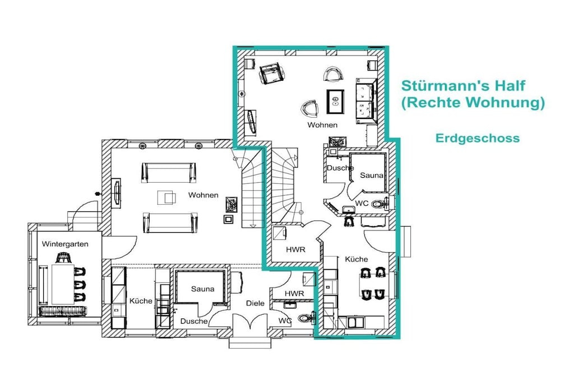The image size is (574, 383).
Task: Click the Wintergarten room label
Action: click(x=65, y=244)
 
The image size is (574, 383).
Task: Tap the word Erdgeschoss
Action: click(x=478, y=138)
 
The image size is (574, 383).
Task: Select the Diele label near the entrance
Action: click(x=255, y=303)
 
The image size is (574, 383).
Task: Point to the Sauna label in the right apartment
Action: click(x=371, y=176)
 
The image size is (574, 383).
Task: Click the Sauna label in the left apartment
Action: click(x=202, y=289)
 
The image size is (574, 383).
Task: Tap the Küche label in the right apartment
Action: click(x=356, y=259)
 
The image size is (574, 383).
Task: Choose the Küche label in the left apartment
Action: click(x=141, y=301)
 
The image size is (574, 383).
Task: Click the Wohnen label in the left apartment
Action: click(x=203, y=195)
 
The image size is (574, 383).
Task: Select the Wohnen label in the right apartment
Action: click(x=322, y=125)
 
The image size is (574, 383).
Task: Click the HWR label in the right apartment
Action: click(x=295, y=250)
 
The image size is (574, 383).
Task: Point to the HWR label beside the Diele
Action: click(x=294, y=294)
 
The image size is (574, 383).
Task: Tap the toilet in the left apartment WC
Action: click(x=305, y=318)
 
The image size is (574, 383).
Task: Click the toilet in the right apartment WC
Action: click(x=379, y=204)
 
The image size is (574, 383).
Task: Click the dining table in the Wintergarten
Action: click(x=63, y=284)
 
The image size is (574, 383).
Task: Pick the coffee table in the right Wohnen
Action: click(x=335, y=101)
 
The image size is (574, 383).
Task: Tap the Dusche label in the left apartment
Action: click(x=193, y=321)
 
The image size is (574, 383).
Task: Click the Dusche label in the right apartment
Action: click(x=340, y=168)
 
